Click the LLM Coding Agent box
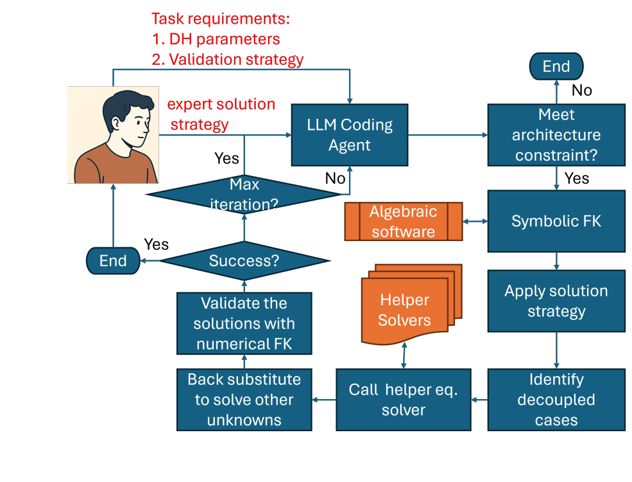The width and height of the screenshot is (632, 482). point(350,135)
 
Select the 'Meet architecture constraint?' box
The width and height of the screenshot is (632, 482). point(556,135)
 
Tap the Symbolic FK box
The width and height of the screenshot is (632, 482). point(556,221)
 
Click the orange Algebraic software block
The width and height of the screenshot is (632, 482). point(404,222)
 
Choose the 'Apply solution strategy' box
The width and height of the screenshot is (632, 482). point(556,301)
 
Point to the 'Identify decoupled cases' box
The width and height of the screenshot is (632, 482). point(556,399)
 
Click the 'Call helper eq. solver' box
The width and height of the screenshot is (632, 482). point(403,399)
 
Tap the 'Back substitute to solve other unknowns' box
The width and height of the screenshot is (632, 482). point(244,399)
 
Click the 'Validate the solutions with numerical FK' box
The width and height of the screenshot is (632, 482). point(244,323)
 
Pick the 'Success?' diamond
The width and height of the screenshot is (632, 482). point(244,260)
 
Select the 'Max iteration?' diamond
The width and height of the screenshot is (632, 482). point(244,195)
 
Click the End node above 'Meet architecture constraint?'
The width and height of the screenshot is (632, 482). point(556,67)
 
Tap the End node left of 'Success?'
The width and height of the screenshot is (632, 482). point(113,260)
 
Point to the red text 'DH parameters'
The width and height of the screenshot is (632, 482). point(224,39)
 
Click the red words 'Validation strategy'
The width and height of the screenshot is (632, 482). point(235,60)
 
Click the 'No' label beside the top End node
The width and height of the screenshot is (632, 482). point(581,90)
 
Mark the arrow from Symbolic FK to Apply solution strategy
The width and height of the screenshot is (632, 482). point(556,261)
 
